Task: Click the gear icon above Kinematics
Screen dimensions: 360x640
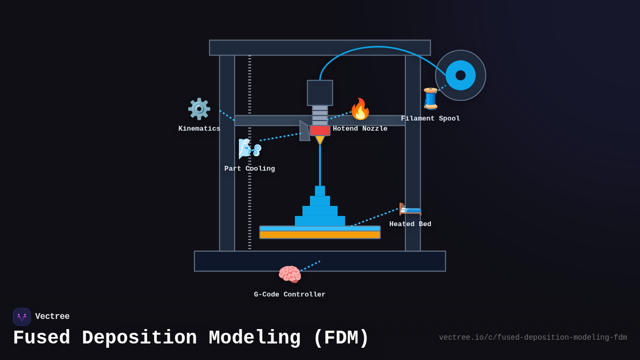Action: click(x=199, y=109)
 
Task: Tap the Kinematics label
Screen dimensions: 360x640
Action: click(x=199, y=129)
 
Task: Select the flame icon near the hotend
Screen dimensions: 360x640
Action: click(x=360, y=109)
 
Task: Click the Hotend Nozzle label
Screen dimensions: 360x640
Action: click(x=360, y=129)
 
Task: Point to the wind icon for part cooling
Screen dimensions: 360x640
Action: click(x=249, y=148)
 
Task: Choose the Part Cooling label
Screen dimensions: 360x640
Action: click(x=250, y=169)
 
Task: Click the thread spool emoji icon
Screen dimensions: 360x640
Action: click(x=430, y=99)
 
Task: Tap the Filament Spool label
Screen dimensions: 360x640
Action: click(x=430, y=118)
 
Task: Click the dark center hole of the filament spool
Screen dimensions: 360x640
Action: click(x=460, y=75)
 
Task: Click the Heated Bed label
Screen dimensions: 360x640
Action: click(x=410, y=224)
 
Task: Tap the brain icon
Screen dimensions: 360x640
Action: click(x=290, y=275)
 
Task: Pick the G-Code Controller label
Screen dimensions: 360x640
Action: click(x=290, y=294)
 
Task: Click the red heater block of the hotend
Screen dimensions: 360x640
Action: click(x=319, y=131)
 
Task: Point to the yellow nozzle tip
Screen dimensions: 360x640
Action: click(x=319, y=140)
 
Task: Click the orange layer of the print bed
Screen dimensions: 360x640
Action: click(x=320, y=235)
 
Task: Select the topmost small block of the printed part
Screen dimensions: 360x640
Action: click(x=320, y=190)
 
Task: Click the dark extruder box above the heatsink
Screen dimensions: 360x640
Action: click(x=320, y=93)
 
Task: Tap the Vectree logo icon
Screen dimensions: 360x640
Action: click(x=22, y=317)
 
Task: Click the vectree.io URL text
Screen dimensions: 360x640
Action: click(x=533, y=338)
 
